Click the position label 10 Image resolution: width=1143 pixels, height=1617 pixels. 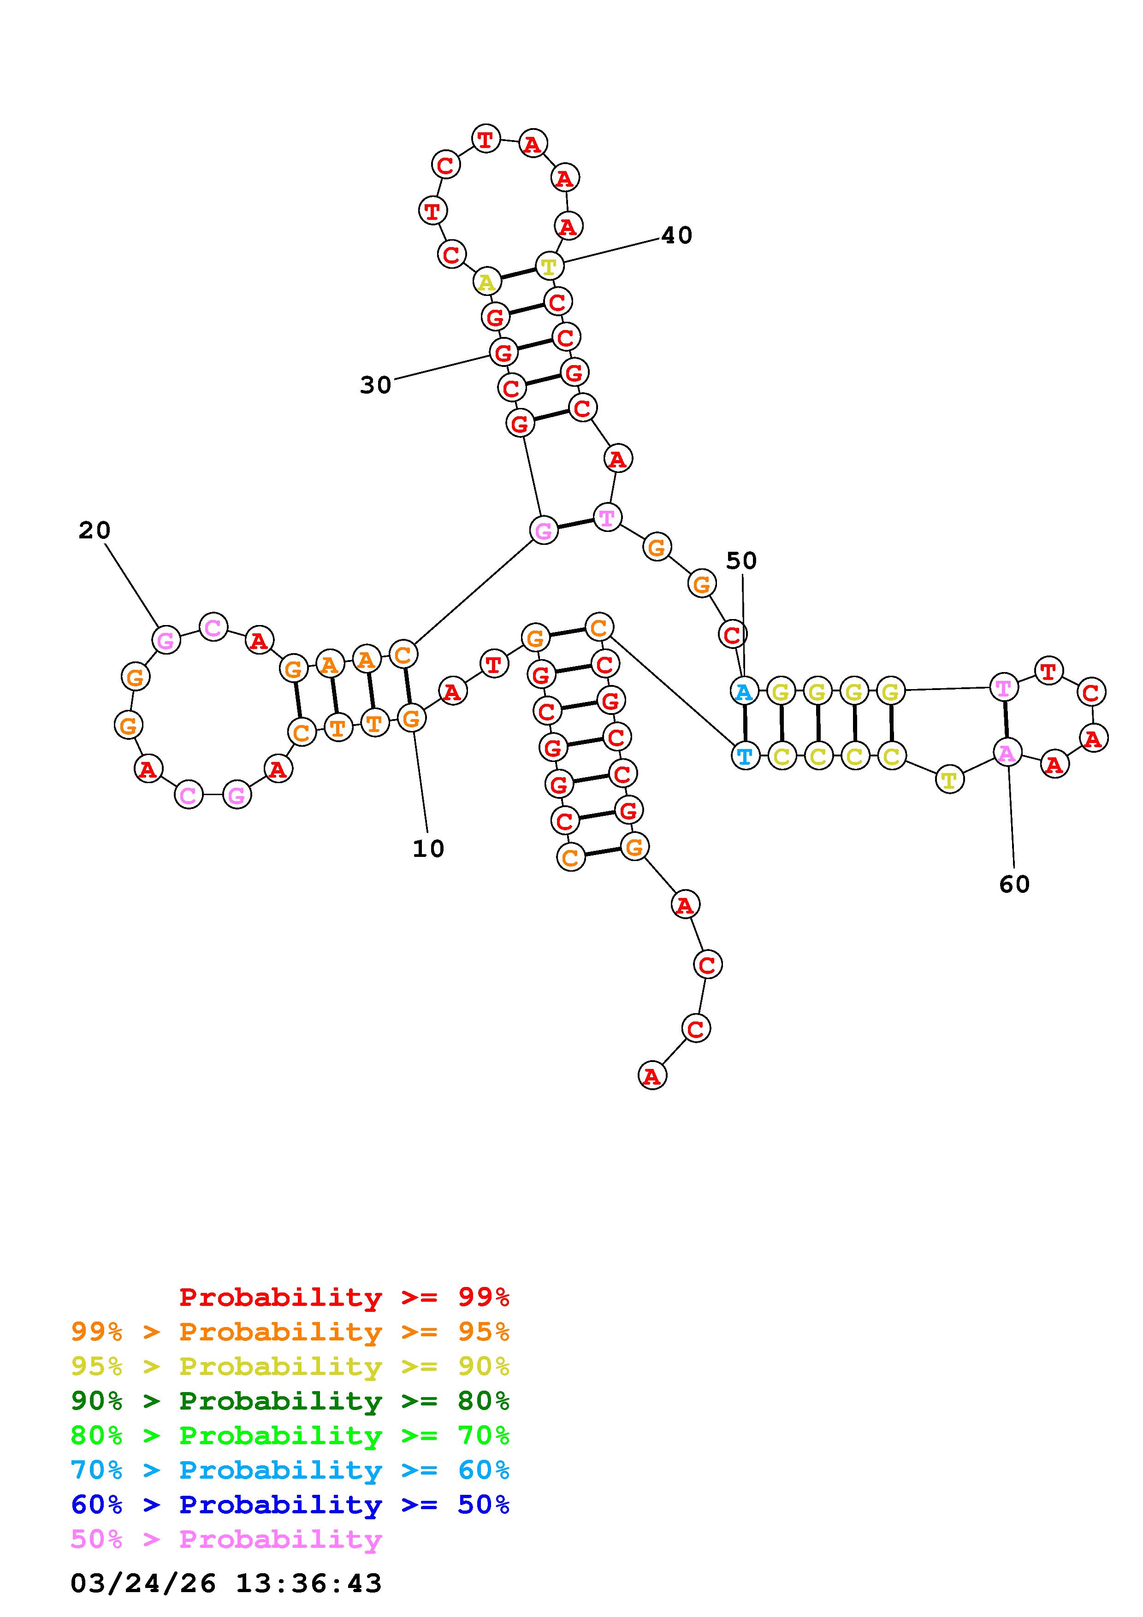coord(428,849)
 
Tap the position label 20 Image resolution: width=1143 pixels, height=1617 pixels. coord(95,530)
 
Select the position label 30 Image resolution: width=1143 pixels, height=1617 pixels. coord(375,385)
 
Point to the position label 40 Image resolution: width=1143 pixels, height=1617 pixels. coord(676,235)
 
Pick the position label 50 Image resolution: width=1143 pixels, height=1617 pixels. coord(741,561)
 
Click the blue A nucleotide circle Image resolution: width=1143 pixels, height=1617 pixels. coord(744,691)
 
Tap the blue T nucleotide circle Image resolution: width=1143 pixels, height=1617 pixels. coord(745,756)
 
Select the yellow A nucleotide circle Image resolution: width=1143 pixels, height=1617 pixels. coord(486,283)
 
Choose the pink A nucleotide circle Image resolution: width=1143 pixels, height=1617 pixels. coord(1007,753)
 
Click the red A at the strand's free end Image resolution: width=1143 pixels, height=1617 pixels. coord(652,1076)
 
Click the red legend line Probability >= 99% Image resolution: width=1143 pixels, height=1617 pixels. coord(344,1297)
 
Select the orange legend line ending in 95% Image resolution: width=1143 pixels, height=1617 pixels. coord(290,1332)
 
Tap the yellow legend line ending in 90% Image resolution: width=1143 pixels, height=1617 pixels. coord(290,1366)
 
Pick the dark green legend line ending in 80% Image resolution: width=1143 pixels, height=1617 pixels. coord(290,1401)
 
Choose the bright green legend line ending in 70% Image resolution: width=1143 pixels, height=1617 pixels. coord(290,1435)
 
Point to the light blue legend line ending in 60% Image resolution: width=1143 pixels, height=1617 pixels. coord(290,1470)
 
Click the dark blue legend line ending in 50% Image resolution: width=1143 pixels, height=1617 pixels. coord(290,1505)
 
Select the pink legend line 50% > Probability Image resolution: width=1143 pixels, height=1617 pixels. coord(226,1539)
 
